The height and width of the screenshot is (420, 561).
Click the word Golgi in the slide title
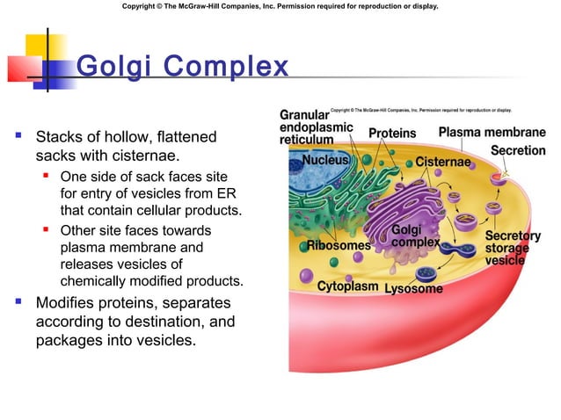108,67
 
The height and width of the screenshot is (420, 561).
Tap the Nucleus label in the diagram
326,161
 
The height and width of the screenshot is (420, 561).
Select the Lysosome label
414,288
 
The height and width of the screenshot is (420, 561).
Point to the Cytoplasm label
348,286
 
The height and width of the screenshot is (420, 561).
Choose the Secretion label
518,150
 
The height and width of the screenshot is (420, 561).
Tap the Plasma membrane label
492,133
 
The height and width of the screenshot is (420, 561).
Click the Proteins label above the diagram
392,134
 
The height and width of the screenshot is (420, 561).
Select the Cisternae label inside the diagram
447,162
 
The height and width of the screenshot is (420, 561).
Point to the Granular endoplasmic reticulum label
317,127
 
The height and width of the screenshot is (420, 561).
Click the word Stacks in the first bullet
59,138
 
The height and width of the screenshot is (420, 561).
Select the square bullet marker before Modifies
18,303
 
